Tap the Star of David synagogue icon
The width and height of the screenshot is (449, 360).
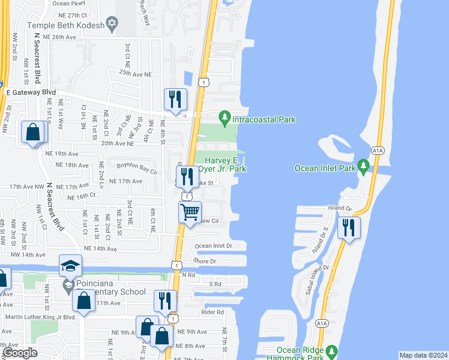pyautogui.click(x=111, y=24)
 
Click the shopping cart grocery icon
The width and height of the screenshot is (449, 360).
pyautogui.click(x=190, y=212)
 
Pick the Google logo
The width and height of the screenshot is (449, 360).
pyautogui.click(x=20, y=353)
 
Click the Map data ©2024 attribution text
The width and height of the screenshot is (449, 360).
pyautogui.click(x=423, y=355)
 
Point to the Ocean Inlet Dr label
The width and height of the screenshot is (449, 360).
pyautogui.click(x=213, y=246)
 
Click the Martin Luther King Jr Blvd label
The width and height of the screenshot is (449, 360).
pyautogui.click(x=40, y=317)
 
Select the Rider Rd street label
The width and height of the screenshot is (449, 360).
pyautogui.click(x=212, y=312)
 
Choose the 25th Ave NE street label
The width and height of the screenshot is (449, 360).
pyautogui.click(x=136, y=73)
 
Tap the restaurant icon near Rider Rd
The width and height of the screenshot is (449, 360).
pyautogui.click(x=165, y=300)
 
